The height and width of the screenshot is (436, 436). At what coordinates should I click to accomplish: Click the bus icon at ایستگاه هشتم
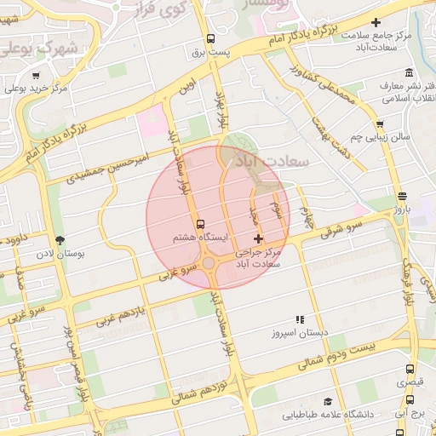[201, 223]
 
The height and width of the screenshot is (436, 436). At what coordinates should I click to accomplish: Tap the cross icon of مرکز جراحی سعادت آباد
[259, 238]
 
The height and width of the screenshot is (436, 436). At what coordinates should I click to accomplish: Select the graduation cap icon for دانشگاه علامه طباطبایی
[327, 401]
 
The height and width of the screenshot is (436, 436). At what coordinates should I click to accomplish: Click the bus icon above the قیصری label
[410, 370]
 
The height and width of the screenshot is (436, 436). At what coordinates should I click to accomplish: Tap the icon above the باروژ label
[401, 195]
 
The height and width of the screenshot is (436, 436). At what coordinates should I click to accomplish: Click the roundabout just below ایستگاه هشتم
[209, 262]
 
